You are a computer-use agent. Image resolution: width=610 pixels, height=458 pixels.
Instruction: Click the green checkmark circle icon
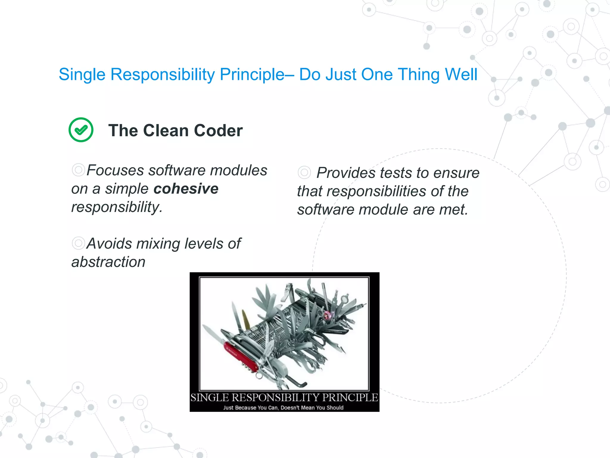pyautogui.click(x=81, y=130)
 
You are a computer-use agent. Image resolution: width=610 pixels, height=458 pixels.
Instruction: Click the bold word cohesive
pyautogui.click(x=186, y=189)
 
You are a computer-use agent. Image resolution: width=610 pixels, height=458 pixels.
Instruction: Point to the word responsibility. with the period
pyautogui.click(x=117, y=207)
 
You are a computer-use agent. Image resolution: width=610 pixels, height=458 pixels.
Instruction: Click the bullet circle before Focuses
pyautogui.click(x=78, y=170)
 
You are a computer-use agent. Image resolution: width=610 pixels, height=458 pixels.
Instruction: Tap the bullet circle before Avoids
pyautogui.click(x=78, y=243)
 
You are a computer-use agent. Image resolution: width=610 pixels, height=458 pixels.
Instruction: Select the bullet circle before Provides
pyautogui.click(x=304, y=172)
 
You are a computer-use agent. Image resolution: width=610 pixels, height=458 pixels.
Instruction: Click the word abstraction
pyautogui.click(x=108, y=262)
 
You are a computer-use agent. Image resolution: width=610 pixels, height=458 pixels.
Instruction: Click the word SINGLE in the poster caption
pyautogui.click(x=210, y=398)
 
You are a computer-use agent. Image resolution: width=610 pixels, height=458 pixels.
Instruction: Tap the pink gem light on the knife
pyautogui.click(x=328, y=314)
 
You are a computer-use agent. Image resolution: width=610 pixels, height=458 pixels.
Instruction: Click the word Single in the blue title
pyautogui.click(x=82, y=75)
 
